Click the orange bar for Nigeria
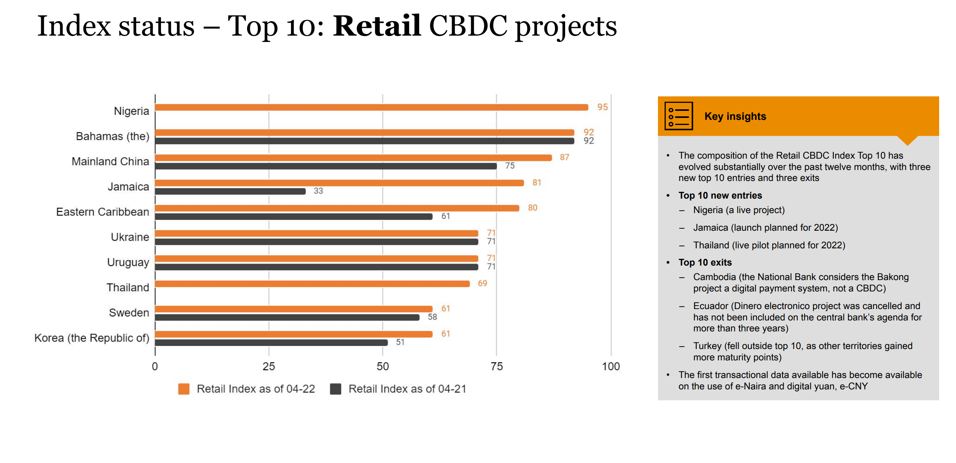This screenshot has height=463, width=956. (372, 107)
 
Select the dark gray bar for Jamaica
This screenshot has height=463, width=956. (230, 191)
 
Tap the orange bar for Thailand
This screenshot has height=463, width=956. (313, 284)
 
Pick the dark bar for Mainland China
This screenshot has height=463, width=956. (326, 166)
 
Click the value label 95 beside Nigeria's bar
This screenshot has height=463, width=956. (602, 107)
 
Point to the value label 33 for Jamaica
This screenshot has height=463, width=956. (318, 191)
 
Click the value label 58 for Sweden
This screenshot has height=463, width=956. (432, 317)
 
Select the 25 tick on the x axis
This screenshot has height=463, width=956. (269, 367)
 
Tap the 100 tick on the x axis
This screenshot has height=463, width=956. (611, 367)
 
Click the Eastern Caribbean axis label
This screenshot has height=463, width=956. (103, 212)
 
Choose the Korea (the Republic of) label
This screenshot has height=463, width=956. (92, 338)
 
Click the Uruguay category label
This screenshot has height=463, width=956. (128, 262)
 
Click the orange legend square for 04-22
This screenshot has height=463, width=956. (184, 389)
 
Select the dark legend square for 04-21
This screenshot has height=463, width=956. (336, 389)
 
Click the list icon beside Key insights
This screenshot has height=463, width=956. (679, 116)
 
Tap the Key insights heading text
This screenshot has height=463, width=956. (735, 116)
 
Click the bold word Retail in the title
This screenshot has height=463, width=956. (377, 26)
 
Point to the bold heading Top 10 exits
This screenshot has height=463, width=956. (705, 262)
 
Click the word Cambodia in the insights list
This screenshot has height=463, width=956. (714, 277)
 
